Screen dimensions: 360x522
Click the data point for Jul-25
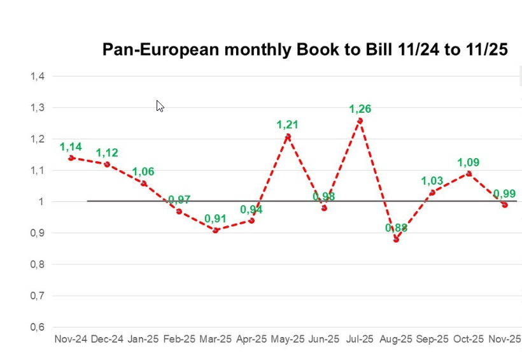pyautogui.click(x=360, y=120)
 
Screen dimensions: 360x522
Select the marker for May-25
pyautogui.click(x=288, y=136)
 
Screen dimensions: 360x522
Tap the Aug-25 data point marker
pyautogui.click(x=396, y=240)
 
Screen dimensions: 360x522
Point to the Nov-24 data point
pyautogui.click(x=71, y=157)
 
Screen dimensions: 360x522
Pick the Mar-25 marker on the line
pyautogui.click(x=216, y=230)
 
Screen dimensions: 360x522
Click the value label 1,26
pyautogui.click(x=360, y=109)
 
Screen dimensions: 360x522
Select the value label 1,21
pyautogui.click(x=287, y=125)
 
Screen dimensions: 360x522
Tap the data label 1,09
pyautogui.click(x=468, y=162)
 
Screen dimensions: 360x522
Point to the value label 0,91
pyautogui.click(x=215, y=219)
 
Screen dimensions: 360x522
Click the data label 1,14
pyautogui.click(x=71, y=147)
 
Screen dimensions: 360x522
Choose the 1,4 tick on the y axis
pyautogui.click(x=37, y=76)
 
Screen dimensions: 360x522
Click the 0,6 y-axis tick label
pyautogui.click(x=37, y=328)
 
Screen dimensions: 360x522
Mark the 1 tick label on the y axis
pyautogui.click(x=41, y=202)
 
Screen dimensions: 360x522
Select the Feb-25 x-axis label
pyautogui.click(x=180, y=340)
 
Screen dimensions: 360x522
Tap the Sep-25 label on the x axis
pyautogui.click(x=432, y=340)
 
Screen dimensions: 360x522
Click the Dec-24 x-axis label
pyautogui.click(x=107, y=340)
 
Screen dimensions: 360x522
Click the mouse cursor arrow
pyautogui.click(x=160, y=106)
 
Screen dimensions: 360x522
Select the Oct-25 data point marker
pyautogui.click(x=469, y=173)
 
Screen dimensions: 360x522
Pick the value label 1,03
pyautogui.click(x=432, y=182)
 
